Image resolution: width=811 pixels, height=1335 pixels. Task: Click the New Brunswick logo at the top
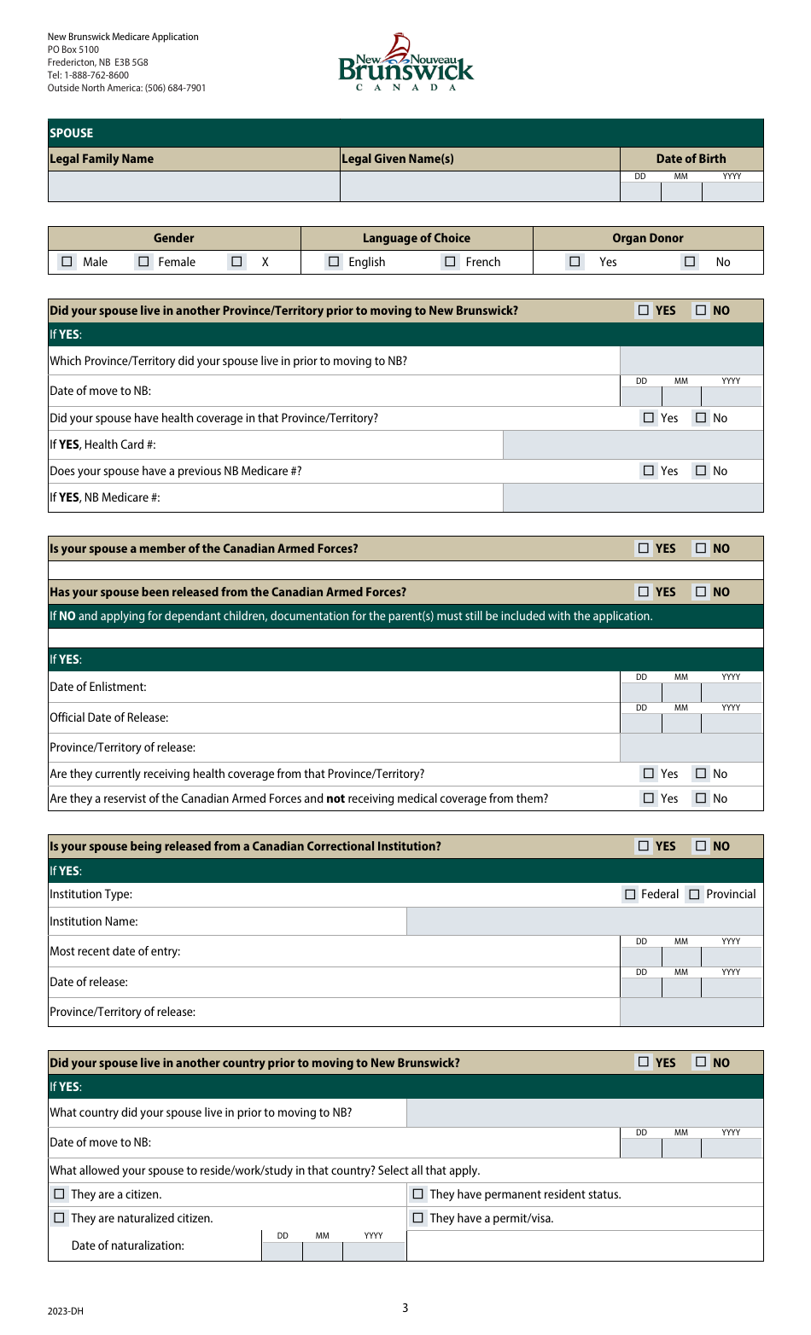coord(405,62)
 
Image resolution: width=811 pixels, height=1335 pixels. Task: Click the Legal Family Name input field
coord(194,187)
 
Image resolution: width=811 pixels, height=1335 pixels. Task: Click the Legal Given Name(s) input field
coord(479,187)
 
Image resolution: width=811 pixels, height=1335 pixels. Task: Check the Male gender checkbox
coord(67,262)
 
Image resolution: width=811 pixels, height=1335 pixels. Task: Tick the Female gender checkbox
coord(143,262)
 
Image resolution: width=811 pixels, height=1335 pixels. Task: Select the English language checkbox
coord(334,262)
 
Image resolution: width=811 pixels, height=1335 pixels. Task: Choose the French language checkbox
coord(450,262)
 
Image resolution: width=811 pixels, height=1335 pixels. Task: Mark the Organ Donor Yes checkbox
coord(575,262)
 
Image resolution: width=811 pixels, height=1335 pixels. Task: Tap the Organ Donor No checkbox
coord(690,262)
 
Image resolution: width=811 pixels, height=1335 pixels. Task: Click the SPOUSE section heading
coord(72,133)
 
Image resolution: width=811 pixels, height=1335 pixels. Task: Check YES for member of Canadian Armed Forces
coord(644,549)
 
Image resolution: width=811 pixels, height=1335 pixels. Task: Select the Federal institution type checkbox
coord(630,894)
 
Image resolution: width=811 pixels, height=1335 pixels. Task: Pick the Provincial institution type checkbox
coord(694,894)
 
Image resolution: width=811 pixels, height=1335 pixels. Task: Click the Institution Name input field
coord(584,921)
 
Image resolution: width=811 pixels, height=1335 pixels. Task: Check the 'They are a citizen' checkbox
coord(59,1194)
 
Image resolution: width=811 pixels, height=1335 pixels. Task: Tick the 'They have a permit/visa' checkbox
coord(418,1218)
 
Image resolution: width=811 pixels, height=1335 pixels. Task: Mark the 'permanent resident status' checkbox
coord(418,1194)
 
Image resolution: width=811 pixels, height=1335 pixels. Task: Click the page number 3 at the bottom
coord(405,1308)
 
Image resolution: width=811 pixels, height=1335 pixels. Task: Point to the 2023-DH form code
coord(66,1311)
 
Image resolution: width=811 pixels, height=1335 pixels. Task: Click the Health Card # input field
coord(633,444)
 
